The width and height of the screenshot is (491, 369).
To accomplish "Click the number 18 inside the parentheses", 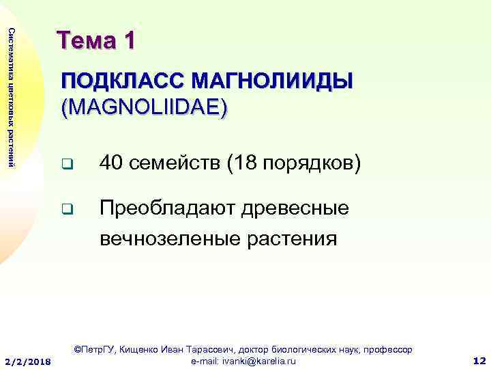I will [x=245, y=164].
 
